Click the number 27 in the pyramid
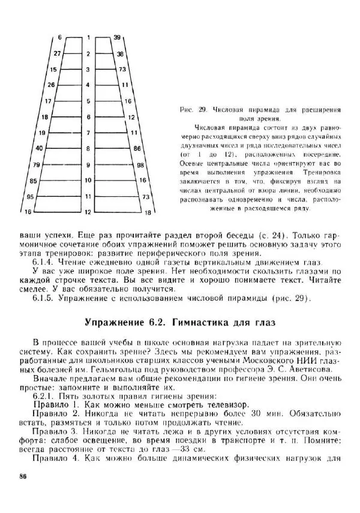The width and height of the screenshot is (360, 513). point(57,54)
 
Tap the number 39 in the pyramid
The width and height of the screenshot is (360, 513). point(117,37)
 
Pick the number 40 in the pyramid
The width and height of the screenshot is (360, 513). point(39,148)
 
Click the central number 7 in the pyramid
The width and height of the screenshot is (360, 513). point(88,133)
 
